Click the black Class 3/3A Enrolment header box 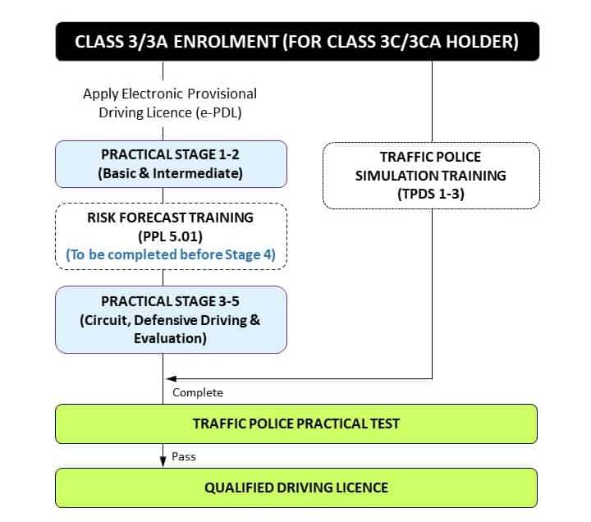[x=297, y=42]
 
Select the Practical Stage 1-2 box [x=171, y=163]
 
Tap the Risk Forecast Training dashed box [x=171, y=236]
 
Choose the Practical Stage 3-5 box [x=171, y=319]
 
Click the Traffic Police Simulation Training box [x=430, y=175]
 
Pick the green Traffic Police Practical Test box [x=296, y=424]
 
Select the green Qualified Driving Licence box [x=296, y=488]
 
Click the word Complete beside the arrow [x=197, y=392]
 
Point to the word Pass [x=184, y=456]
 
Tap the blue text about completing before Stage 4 [x=171, y=254]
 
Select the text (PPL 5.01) [x=171, y=236]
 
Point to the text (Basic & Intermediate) [x=171, y=173]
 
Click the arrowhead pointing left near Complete [x=170, y=378]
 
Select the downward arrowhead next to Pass [x=163, y=462]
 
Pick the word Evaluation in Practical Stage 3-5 [x=171, y=337]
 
